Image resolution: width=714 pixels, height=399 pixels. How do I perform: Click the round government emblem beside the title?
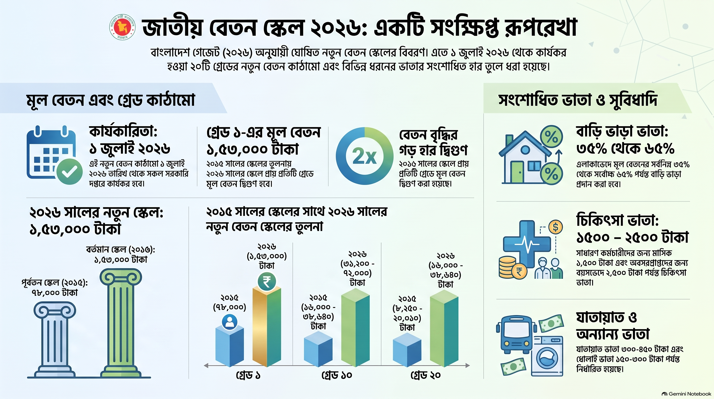[122, 28]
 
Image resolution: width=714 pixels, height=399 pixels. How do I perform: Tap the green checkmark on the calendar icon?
[69, 171]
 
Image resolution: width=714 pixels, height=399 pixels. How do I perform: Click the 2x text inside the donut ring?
[365, 156]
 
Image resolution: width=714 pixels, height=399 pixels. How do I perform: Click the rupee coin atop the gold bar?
[267, 282]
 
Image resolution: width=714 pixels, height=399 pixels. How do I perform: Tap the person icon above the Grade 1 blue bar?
[230, 322]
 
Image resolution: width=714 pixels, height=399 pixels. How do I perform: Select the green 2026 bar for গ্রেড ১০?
[355, 327]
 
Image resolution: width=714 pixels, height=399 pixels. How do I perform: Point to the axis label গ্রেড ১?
[248, 375]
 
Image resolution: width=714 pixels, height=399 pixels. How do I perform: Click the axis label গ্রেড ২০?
[425, 375]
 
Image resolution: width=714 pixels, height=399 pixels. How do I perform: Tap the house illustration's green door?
[517, 172]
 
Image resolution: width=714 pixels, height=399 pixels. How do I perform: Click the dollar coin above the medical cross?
[555, 227]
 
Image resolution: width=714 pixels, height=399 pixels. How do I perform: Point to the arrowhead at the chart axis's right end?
[468, 365]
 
